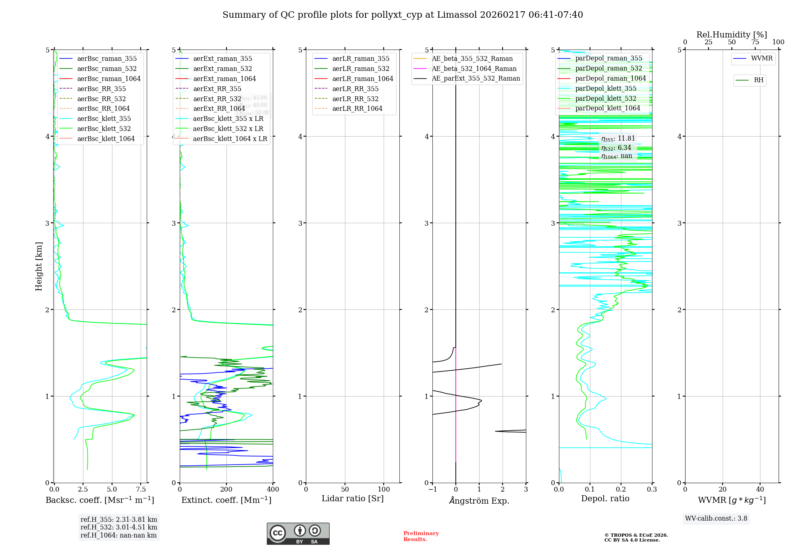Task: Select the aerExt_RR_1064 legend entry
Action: (x=219, y=108)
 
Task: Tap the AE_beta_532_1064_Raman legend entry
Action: (x=474, y=68)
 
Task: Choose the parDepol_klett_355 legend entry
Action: (x=606, y=88)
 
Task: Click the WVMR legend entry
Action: (x=762, y=58)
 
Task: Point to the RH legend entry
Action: (x=758, y=80)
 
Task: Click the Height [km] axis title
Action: (x=39, y=266)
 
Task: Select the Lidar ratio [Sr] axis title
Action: (x=353, y=498)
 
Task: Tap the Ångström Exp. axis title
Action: (x=479, y=500)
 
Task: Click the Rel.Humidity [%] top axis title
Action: (x=731, y=35)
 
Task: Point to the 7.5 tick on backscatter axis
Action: (x=141, y=489)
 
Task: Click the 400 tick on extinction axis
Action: (x=273, y=489)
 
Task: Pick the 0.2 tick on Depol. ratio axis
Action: (x=621, y=489)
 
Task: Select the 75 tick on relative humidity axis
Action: (x=755, y=42)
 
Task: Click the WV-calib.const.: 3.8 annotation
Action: (x=716, y=518)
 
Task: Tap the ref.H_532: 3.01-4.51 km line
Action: (x=119, y=527)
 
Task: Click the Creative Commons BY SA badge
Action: (x=298, y=534)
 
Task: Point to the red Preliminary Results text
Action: (x=421, y=536)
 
